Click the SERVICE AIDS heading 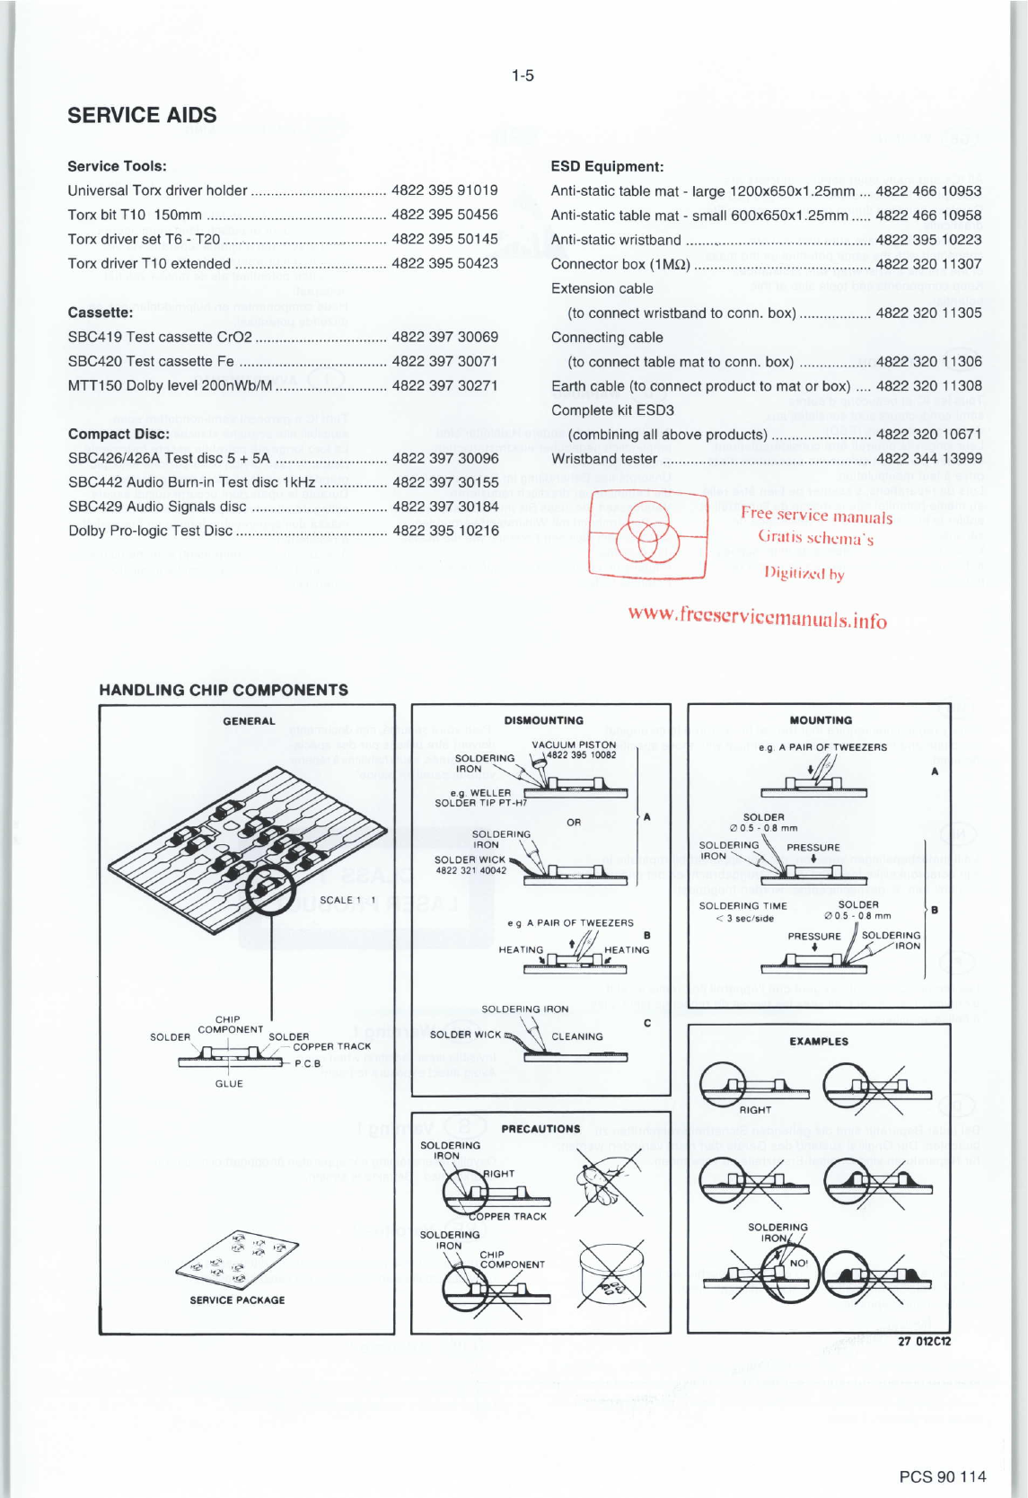pyautogui.click(x=142, y=115)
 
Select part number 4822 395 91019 pyautogui.click(x=444, y=190)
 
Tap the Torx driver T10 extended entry pyautogui.click(x=149, y=264)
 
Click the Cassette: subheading pyautogui.click(x=101, y=313)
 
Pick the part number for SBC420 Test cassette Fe pyautogui.click(x=444, y=361)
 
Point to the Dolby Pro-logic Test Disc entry pyautogui.click(x=151, y=531)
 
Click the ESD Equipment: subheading pyautogui.click(x=607, y=166)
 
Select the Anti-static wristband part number pyautogui.click(x=928, y=240)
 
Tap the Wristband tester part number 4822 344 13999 pyautogui.click(x=928, y=459)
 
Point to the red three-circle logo pyautogui.click(x=646, y=533)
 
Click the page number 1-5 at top pyautogui.click(x=523, y=75)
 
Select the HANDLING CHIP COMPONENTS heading pyautogui.click(x=224, y=690)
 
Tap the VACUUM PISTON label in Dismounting pyautogui.click(x=574, y=745)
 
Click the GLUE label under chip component pyautogui.click(x=229, y=1084)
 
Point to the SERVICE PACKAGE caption pyautogui.click(x=237, y=1300)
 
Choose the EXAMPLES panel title pyautogui.click(x=819, y=1042)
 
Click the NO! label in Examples pyautogui.click(x=798, y=1263)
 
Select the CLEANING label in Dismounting pyautogui.click(x=577, y=1036)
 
